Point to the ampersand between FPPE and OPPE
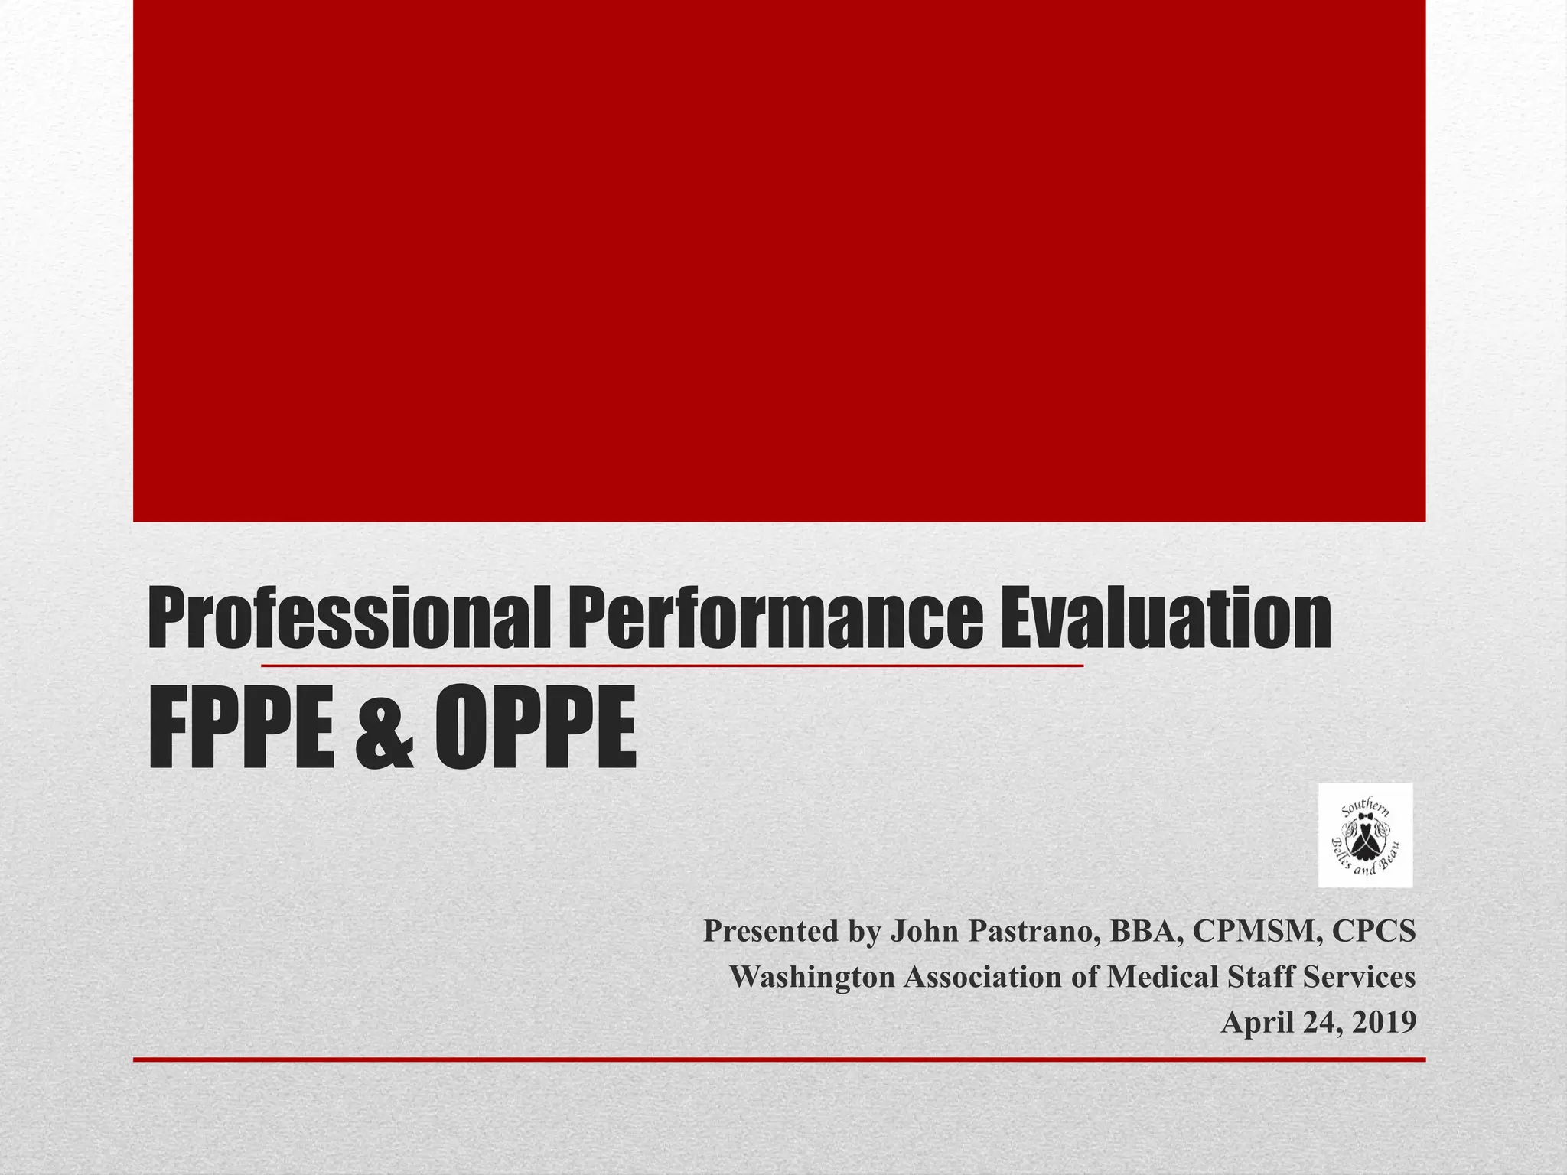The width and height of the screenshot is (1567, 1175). [x=385, y=729]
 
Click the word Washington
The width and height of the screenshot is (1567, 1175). [x=811, y=978]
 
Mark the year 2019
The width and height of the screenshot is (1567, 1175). [x=1384, y=1023]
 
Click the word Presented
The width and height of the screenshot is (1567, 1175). [x=770, y=931]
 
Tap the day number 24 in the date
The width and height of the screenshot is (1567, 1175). [x=1319, y=1023]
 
